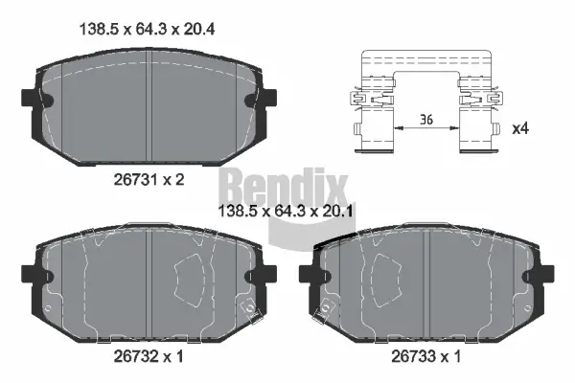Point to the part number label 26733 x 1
tap(425, 355)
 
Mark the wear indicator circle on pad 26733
tap(329, 308)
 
